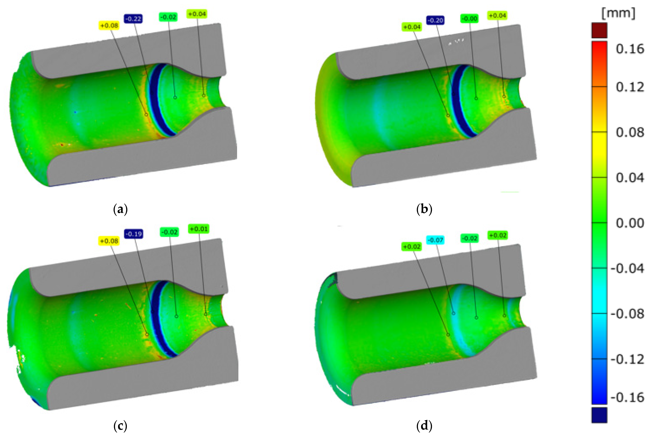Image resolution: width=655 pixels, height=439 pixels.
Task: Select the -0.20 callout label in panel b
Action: point(435,20)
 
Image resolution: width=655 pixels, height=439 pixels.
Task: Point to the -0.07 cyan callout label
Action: point(435,240)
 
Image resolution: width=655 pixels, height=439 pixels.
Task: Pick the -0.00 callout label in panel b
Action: point(469,19)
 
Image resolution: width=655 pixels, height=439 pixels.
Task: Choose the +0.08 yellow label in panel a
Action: point(109,25)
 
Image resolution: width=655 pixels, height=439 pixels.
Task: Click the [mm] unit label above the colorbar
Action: point(618,13)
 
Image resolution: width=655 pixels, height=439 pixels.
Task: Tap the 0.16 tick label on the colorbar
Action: point(630,49)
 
